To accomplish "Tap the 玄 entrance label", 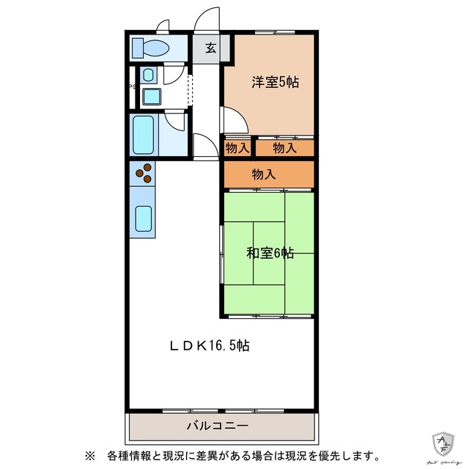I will coord(211,48).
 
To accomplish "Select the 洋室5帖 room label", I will coord(275,82).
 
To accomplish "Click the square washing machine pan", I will coord(152,97).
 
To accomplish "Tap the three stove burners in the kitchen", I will coord(144,173).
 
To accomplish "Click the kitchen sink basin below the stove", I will coord(144,218).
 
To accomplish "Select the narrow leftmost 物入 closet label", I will coord(236,148).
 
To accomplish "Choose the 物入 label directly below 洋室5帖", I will coord(284,148).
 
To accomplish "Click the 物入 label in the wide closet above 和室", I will coord(264,174).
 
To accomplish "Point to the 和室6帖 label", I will coord(270,254).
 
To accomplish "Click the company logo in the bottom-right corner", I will coord(444,443).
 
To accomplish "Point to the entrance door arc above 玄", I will coord(208,18).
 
